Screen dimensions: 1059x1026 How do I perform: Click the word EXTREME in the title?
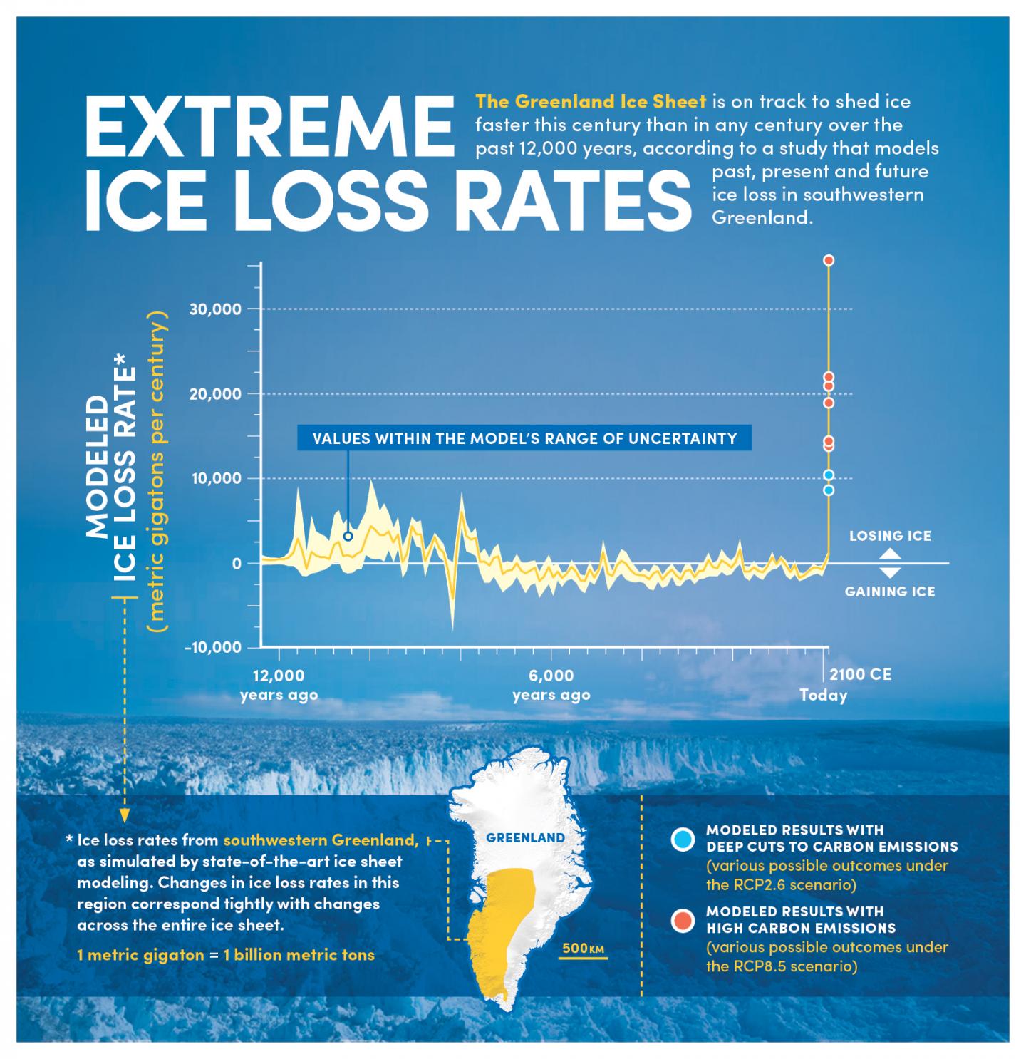pyautogui.click(x=269, y=126)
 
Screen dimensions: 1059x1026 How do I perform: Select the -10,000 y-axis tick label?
pyautogui.click(x=212, y=648)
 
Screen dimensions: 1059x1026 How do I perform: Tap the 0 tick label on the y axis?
pyautogui.click(x=235, y=564)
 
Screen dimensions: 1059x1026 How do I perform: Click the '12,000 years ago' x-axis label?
pyautogui.click(x=279, y=685)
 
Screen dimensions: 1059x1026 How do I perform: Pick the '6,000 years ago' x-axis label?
pyautogui.click(x=551, y=685)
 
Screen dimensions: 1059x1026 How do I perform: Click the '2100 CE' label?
pyautogui.click(x=861, y=674)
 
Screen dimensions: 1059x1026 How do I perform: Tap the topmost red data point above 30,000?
pyautogui.click(x=829, y=261)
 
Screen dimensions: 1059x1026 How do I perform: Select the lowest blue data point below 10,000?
pyautogui.click(x=829, y=490)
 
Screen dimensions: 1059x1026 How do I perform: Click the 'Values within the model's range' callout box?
pyautogui.click(x=524, y=438)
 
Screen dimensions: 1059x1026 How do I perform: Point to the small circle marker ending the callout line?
pyautogui.click(x=348, y=537)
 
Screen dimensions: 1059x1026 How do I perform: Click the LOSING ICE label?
pyautogui.click(x=890, y=536)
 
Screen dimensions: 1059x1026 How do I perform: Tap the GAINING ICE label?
pyautogui.click(x=890, y=592)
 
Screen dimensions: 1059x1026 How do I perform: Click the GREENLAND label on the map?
pyautogui.click(x=525, y=838)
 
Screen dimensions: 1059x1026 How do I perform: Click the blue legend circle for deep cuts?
pyautogui.click(x=683, y=840)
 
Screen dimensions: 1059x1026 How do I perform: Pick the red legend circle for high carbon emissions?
pyautogui.click(x=683, y=921)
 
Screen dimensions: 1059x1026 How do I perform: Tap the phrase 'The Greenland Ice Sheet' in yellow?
pyautogui.click(x=591, y=101)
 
